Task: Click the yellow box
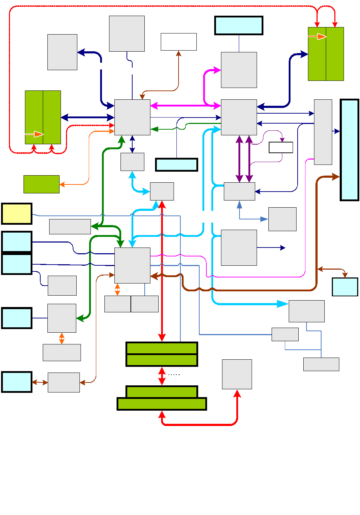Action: (17, 214)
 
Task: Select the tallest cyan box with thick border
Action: (349, 150)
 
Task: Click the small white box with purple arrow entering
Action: (281, 147)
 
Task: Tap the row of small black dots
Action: (174, 375)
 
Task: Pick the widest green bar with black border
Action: (162, 404)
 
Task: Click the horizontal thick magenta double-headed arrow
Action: (185, 106)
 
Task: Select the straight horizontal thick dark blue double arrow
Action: (87, 118)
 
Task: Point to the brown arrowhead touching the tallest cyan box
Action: (336, 177)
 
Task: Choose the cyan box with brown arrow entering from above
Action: (345, 287)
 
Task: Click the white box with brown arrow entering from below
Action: (179, 42)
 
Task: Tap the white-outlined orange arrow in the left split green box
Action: (38, 134)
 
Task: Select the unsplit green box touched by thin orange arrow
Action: (41, 184)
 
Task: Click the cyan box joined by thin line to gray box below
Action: (239, 26)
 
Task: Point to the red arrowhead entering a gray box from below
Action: (237, 394)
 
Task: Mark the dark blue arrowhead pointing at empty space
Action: (283, 248)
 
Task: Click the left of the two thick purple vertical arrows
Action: (240, 159)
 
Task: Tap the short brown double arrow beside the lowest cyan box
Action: (40, 382)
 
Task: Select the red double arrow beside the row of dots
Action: (162, 376)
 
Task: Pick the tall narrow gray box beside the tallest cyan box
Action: (323, 132)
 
